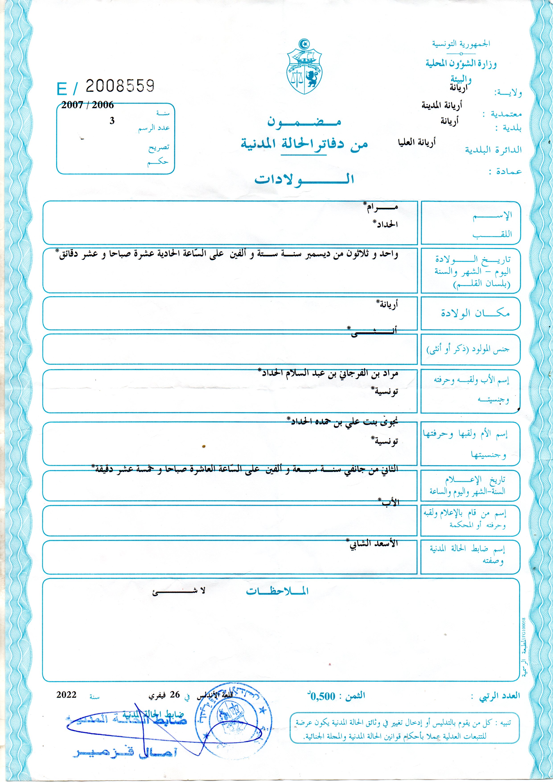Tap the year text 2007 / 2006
pyautogui.click(x=88, y=105)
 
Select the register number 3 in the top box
pyautogui.click(x=112, y=121)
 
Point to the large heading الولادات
pyautogui.click(x=304, y=179)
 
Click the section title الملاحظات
pyautogui.click(x=277, y=591)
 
